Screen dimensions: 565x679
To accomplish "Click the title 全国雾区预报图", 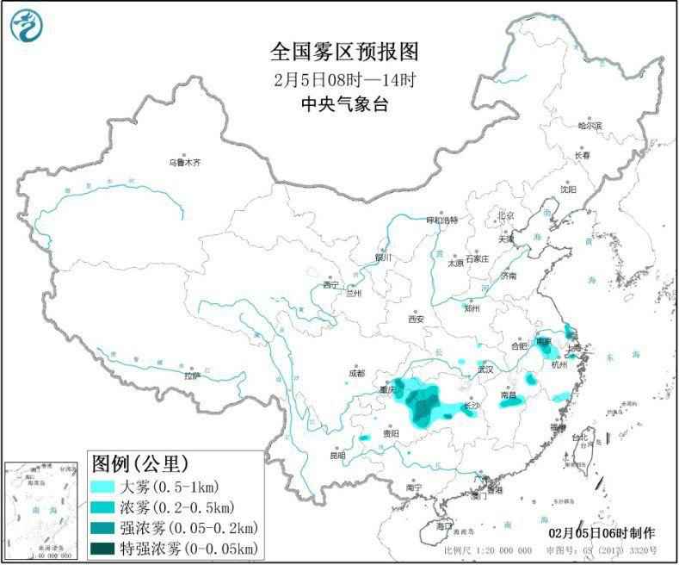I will [x=343, y=53].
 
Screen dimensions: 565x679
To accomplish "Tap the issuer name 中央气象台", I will [x=343, y=105].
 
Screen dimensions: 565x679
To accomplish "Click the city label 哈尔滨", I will [x=590, y=126].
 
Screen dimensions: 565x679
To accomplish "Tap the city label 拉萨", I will [x=191, y=376].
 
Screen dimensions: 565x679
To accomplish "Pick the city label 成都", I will [x=357, y=373].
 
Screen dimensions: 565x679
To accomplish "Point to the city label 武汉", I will [x=485, y=369].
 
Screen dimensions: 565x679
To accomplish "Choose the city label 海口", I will [x=442, y=525].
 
